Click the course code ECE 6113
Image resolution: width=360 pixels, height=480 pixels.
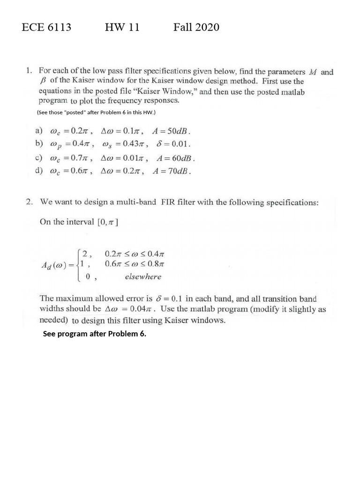(x=46, y=27)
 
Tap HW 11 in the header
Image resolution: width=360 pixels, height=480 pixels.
(x=122, y=27)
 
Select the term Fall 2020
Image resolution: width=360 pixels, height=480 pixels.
(x=196, y=27)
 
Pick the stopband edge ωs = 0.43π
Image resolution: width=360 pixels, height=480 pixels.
(x=126, y=144)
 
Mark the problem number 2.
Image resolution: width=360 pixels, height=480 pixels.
(x=29, y=202)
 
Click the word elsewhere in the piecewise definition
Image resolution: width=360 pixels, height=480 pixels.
(x=143, y=277)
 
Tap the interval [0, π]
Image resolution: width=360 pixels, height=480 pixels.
(x=107, y=223)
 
